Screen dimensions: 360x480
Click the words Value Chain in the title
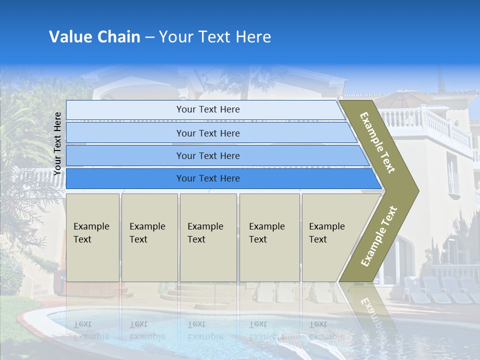coord(94,37)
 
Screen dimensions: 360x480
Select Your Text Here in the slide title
coord(215,37)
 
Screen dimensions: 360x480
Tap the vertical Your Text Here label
coord(57,143)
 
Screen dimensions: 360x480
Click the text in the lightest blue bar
coord(208,109)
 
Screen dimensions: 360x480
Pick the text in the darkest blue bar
coord(208,178)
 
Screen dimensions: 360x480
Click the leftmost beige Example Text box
coord(92,237)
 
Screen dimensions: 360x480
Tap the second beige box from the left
coord(149,237)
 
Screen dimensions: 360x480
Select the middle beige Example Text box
coord(208,237)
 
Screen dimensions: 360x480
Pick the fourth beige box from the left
coord(269,237)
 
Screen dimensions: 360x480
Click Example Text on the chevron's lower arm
coord(378,236)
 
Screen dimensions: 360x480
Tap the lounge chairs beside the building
coord(440,290)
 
